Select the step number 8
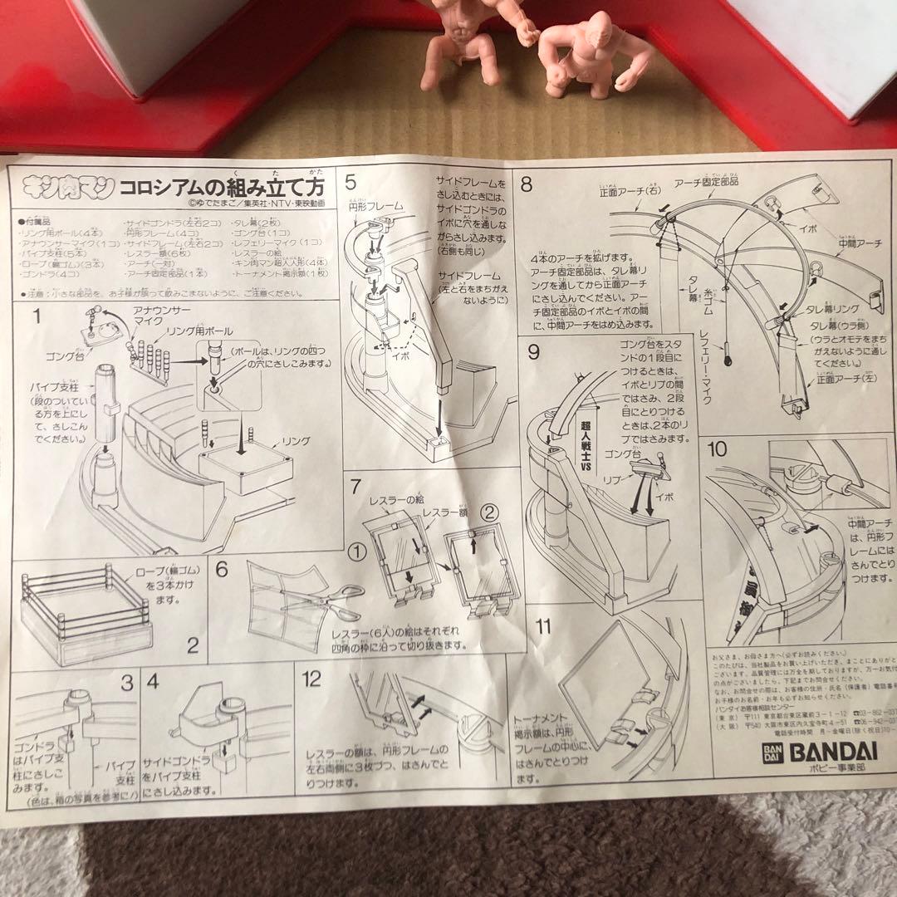point(527,182)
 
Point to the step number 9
point(533,352)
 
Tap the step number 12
point(311,679)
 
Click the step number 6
point(221,570)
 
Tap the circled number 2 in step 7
point(489,514)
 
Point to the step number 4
point(154,684)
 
